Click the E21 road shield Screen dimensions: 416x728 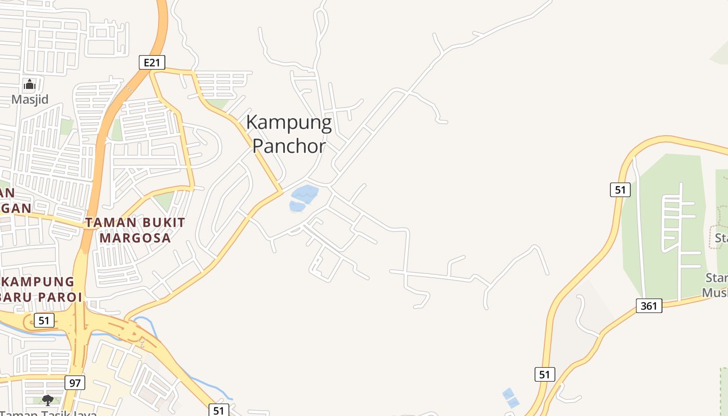point(152,63)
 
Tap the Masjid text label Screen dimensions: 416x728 point(30,99)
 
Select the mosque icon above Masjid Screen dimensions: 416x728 point(30,84)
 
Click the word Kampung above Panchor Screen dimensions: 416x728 point(289,123)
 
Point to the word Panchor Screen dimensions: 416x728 point(289,146)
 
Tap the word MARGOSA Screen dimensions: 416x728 point(135,238)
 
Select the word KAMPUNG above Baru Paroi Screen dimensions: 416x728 point(38,282)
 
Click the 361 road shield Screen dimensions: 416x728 point(649,306)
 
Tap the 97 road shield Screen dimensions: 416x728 point(75,383)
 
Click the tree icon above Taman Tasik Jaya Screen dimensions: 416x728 point(48,400)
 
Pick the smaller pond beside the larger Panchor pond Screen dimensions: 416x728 point(297,206)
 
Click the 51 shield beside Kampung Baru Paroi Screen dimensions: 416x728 point(44,320)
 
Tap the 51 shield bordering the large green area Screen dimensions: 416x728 point(620,190)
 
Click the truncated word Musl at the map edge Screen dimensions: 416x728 point(714,292)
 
